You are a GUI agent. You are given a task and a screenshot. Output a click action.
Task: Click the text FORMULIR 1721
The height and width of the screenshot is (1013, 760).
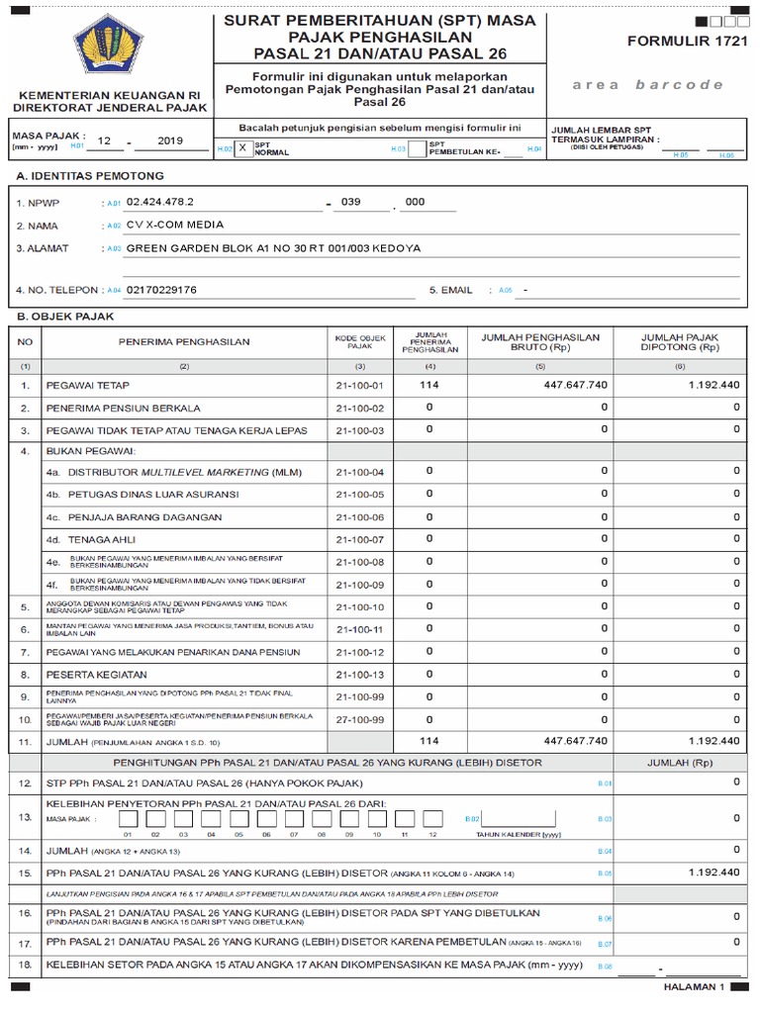pyautogui.click(x=682, y=42)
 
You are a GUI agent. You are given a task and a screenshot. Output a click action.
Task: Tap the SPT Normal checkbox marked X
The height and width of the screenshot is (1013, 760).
pyautogui.click(x=242, y=147)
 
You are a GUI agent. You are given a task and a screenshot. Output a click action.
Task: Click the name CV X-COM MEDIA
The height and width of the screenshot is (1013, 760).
pyautogui.click(x=175, y=225)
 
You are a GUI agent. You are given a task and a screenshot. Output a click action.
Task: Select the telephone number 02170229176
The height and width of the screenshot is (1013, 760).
pyautogui.click(x=161, y=290)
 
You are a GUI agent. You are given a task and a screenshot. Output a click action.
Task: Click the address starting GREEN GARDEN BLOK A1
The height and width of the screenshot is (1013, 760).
pyautogui.click(x=272, y=247)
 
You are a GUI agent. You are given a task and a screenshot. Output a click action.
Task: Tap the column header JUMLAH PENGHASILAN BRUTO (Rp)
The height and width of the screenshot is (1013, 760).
pyautogui.click(x=540, y=342)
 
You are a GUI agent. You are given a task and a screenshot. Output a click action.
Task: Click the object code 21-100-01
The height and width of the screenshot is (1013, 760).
pyautogui.click(x=359, y=384)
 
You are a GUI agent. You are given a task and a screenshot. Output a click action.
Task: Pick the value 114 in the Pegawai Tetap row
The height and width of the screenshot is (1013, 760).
pyautogui.click(x=428, y=384)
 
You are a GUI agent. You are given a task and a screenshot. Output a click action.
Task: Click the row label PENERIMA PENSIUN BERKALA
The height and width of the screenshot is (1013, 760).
pyautogui.click(x=124, y=408)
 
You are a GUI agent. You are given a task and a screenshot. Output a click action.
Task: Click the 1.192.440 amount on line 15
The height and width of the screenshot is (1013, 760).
pyautogui.click(x=713, y=872)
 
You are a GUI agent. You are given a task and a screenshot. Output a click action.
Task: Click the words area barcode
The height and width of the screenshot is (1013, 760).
pyautogui.click(x=648, y=84)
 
